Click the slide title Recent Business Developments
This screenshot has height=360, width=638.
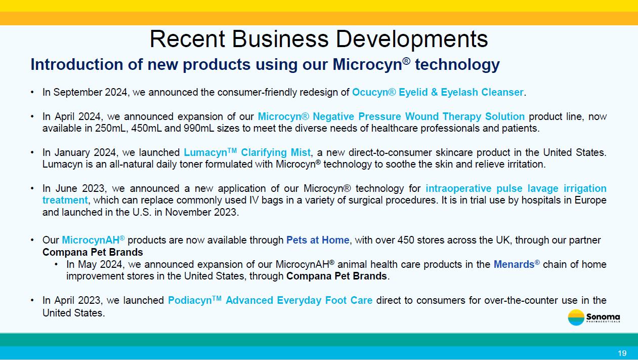pos(319,39)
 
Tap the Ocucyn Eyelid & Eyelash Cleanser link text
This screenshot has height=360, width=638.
pos(438,92)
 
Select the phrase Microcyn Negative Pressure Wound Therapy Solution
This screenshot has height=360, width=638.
pos(391,116)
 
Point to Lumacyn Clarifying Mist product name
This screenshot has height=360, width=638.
pos(247,152)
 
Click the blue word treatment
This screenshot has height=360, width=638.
pos(65,200)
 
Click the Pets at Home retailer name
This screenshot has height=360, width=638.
pos(318,240)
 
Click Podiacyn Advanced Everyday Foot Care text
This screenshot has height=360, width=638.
pos(270,300)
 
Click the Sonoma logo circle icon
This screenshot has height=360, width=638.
pos(576,317)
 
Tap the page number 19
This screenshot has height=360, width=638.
pos(622,353)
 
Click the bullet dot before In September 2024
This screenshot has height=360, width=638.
pos(32,92)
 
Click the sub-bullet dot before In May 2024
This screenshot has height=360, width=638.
pos(56,264)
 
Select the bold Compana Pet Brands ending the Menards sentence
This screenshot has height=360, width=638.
pos(336,276)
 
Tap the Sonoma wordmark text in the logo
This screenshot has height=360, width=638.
pos(603,316)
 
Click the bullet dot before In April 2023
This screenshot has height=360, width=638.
pos(32,300)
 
